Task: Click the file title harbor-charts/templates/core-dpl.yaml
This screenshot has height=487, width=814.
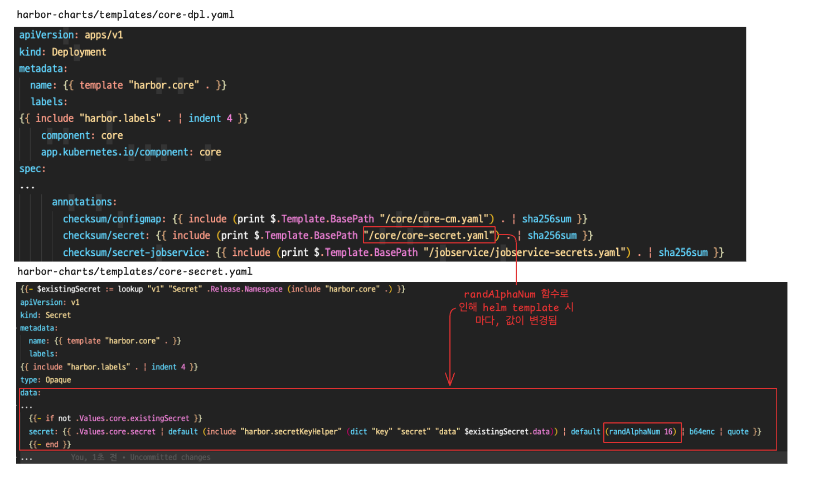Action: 125,14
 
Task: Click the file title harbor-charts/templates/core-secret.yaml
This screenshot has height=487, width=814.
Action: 134,271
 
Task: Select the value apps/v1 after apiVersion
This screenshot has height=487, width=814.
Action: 104,35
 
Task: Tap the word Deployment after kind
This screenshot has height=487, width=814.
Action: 79,52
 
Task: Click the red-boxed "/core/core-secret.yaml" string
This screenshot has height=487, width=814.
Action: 429,235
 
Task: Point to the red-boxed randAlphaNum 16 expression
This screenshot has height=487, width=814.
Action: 642,431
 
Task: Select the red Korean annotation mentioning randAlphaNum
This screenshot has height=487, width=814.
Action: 516,307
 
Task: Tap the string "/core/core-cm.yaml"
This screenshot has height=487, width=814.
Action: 437,219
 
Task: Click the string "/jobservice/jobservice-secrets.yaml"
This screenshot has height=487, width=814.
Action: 527,252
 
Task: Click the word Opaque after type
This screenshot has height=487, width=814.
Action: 58,380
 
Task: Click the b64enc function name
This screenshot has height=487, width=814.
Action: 701,431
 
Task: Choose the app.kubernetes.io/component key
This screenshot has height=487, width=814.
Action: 114,152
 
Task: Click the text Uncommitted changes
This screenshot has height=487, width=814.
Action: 170,457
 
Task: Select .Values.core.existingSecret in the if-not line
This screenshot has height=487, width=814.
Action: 133,418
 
